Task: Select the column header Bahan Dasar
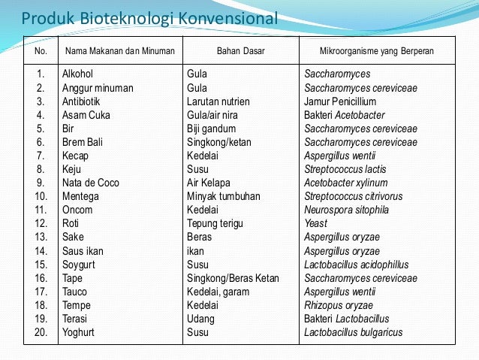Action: (240, 51)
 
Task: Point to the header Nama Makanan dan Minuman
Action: (120, 51)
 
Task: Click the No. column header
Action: (41, 51)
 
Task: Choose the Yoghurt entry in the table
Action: (80, 332)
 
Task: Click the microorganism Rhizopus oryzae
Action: (339, 305)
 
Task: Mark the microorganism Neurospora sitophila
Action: (348, 210)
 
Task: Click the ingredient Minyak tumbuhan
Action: (224, 196)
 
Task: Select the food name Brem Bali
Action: (83, 142)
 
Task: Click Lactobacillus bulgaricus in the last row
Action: (354, 332)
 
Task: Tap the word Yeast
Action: (316, 223)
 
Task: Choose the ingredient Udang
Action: (200, 319)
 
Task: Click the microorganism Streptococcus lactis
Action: (345, 169)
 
